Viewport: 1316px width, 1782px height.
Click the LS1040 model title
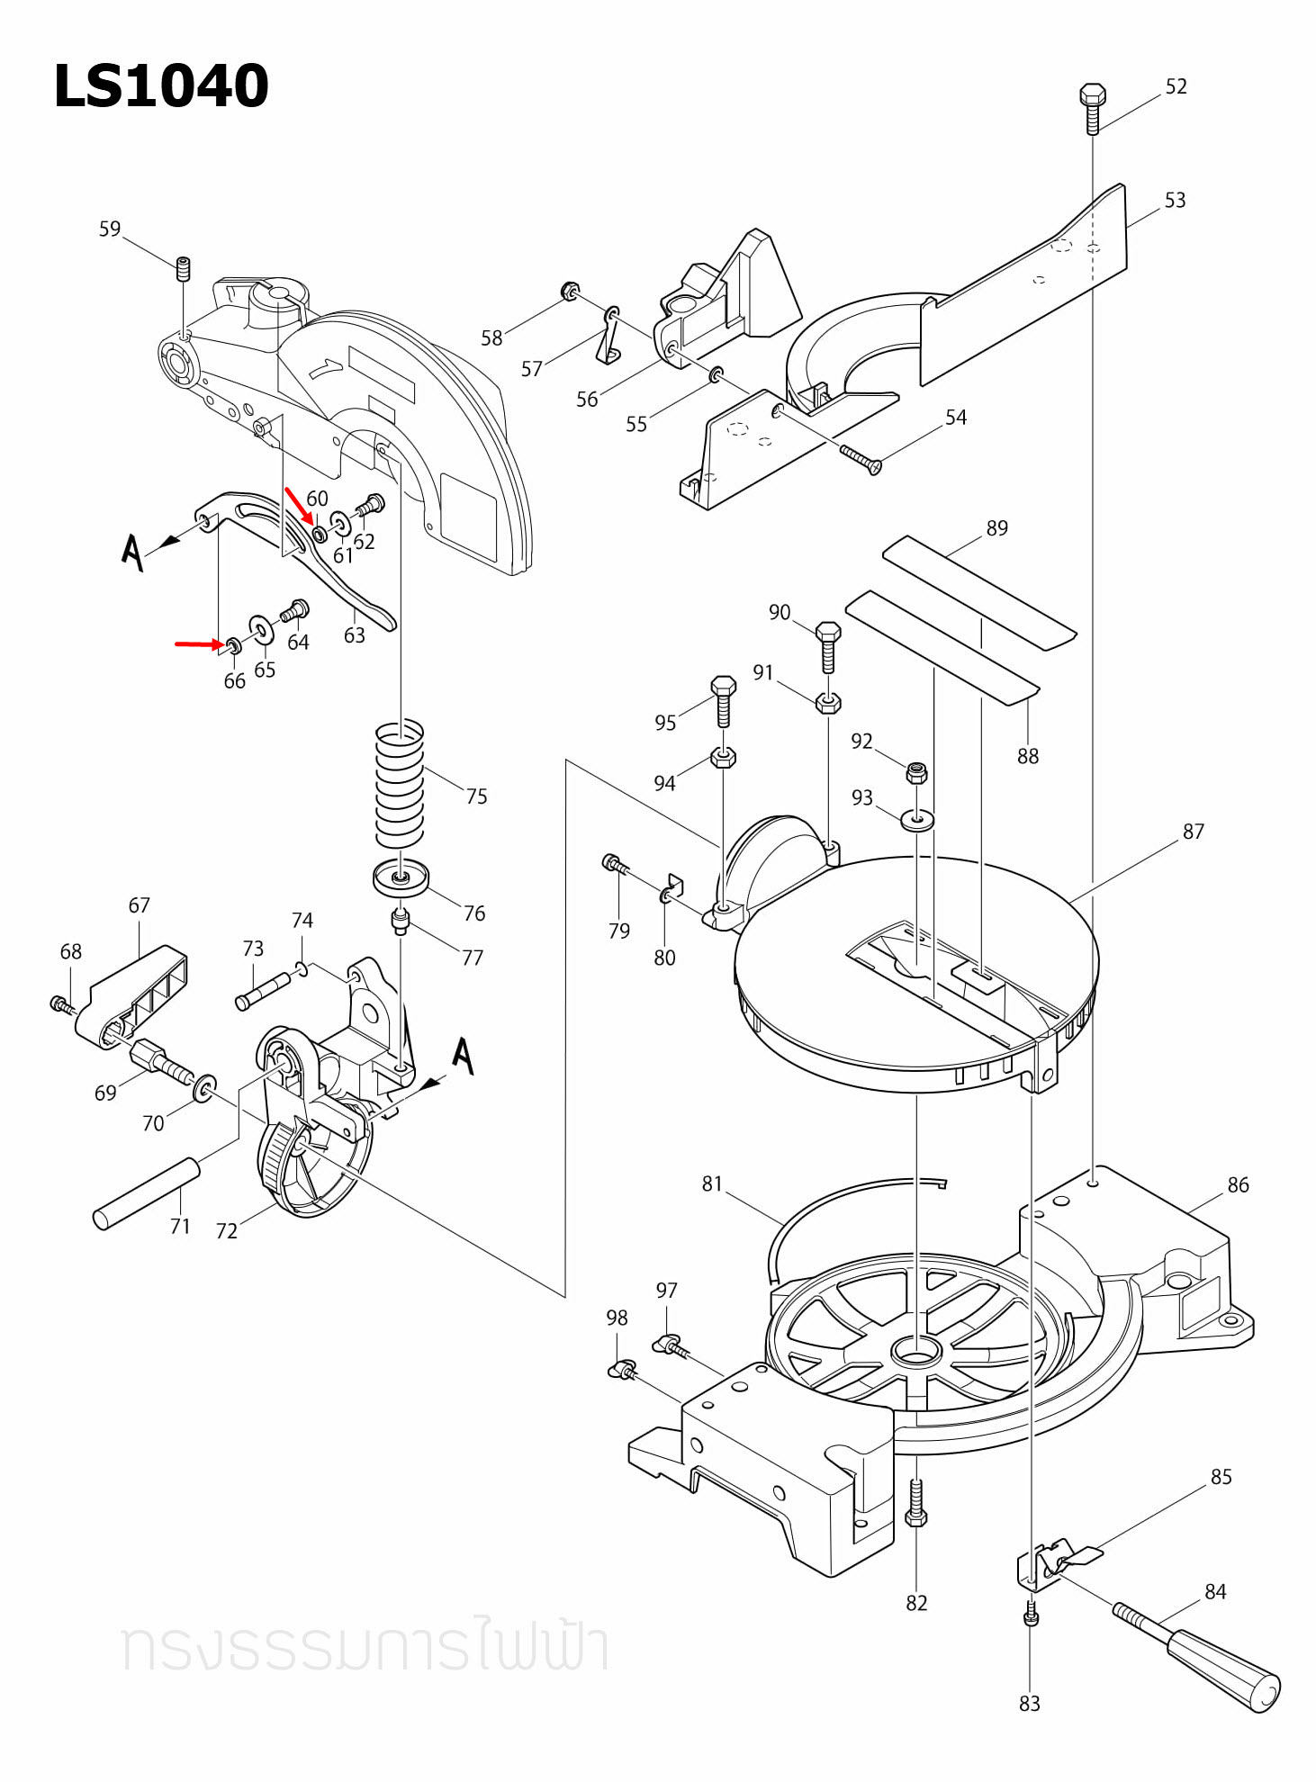pos(161,86)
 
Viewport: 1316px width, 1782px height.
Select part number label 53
pos(1175,200)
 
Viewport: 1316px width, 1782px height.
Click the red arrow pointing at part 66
pos(198,643)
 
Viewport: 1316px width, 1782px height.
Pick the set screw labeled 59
pos(184,268)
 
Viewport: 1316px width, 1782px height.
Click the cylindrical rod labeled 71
pos(146,1193)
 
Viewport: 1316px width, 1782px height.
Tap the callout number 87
pos(1193,831)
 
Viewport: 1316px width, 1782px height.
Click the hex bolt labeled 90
pos(828,644)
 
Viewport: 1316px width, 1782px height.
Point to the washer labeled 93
pos(917,819)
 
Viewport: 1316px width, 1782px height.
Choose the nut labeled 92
pos(916,771)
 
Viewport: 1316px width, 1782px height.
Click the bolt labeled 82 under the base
pos(915,1504)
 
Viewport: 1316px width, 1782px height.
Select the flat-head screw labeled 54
pos(861,459)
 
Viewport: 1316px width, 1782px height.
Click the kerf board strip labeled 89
pos(978,592)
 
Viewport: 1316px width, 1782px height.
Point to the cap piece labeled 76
pos(401,878)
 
